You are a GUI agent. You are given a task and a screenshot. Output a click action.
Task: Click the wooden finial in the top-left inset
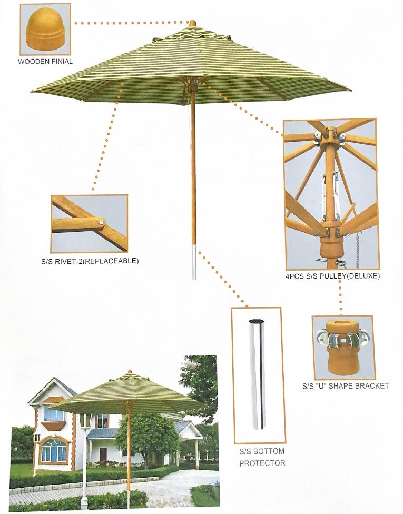45,30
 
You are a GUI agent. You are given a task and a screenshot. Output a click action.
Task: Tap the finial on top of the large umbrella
193,24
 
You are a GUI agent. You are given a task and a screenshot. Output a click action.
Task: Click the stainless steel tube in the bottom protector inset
258,373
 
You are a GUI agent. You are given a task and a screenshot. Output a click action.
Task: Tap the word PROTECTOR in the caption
262,463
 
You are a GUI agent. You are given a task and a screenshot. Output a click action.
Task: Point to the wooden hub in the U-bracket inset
342,350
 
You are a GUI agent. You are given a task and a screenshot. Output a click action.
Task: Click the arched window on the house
54,450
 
